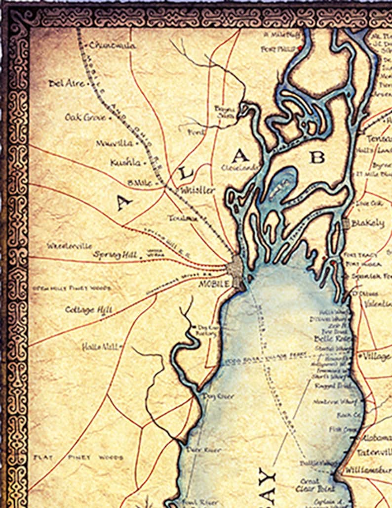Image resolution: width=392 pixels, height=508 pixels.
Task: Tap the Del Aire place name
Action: click(66, 84)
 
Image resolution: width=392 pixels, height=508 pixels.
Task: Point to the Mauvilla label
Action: click(114, 143)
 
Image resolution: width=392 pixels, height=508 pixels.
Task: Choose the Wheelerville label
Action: click(69, 246)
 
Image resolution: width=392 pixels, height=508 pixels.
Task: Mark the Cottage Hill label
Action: click(88, 310)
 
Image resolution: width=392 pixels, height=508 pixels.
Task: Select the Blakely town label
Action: click(367, 223)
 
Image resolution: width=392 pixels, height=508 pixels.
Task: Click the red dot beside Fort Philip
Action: click(299, 48)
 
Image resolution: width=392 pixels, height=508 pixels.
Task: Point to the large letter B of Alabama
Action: click(317, 157)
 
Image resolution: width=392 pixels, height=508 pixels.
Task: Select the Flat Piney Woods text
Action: click(78, 458)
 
